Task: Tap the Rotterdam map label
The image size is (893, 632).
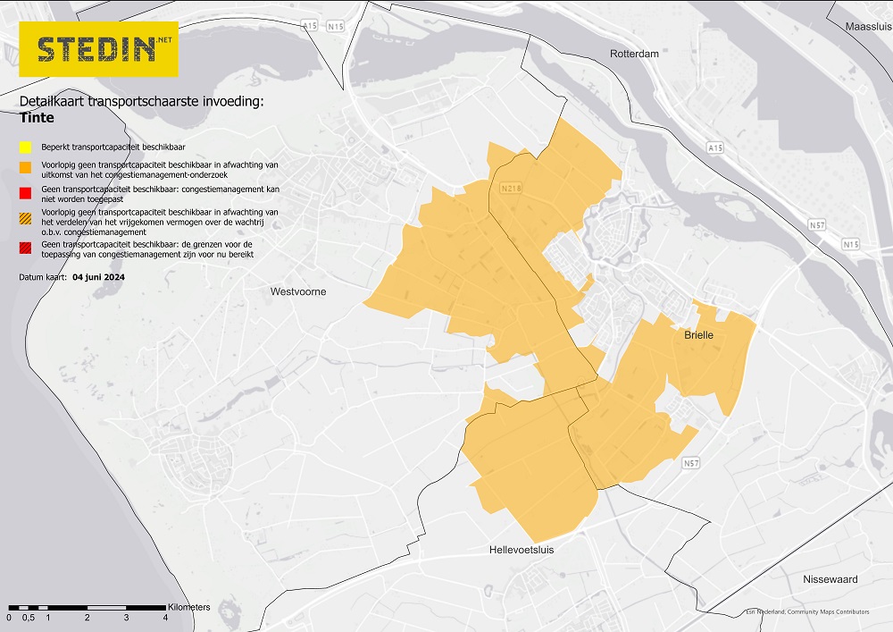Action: pos(634,55)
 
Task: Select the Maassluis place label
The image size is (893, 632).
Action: pos(868,27)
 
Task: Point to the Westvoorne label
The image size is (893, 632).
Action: pos(298,292)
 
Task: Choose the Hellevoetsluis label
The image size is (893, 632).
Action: pos(522,550)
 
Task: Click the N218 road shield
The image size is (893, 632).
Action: pos(511,189)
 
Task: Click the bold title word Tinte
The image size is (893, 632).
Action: pos(37,118)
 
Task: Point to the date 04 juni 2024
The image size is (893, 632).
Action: pos(98,277)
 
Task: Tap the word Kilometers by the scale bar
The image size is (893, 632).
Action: pos(188,607)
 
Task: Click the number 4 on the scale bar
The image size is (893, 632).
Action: pos(165,618)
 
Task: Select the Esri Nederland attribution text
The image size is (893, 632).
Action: pos(807,612)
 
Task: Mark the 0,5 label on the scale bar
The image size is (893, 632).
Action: pos(29,618)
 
